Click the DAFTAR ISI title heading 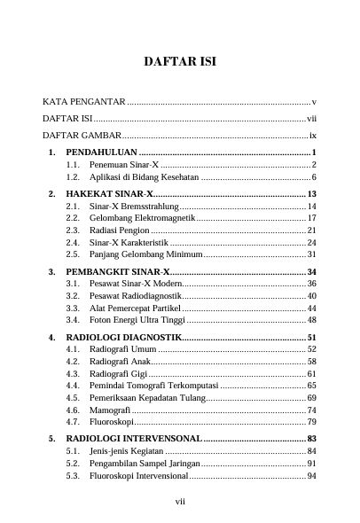(180, 62)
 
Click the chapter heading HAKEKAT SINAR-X (109, 194)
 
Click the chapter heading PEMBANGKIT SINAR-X (117, 270)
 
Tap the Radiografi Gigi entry (118, 374)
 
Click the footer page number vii (180, 502)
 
